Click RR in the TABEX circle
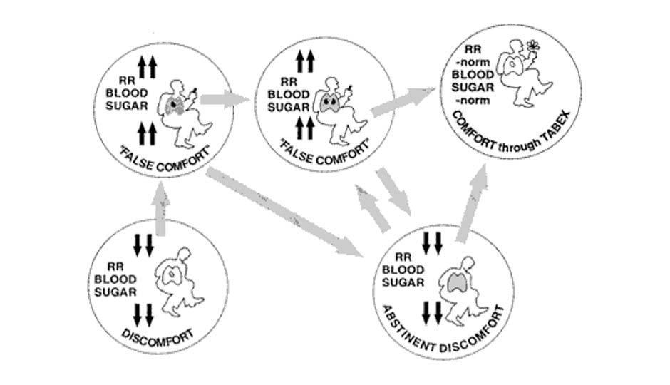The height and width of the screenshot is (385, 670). [471, 49]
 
